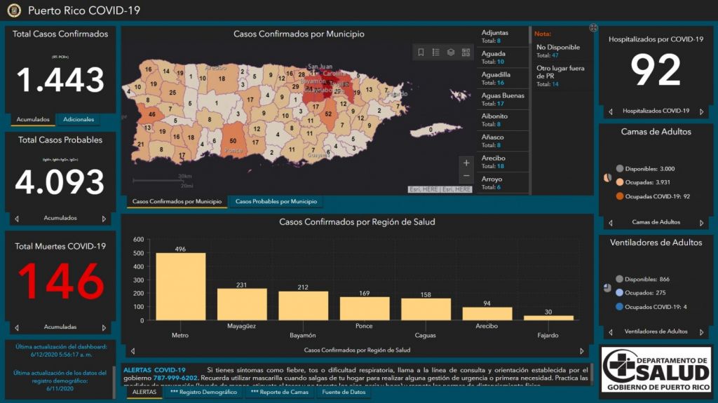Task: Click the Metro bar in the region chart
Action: pyautogui.click(x=180, y=287)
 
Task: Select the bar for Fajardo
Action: pyautogui.click(x=548, y=317)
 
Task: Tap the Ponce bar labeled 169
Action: pyautogui.click(x=365, y=308)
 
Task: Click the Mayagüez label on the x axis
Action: pyautogui.click(x=241, y=326)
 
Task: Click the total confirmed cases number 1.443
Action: pyautogui.click(x=60, y=79)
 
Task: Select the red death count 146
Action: pyautogui.click(x=60, y=282)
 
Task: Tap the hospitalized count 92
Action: pyautogui.click(x=655, y=70)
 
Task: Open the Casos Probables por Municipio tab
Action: pyautogui.click(x=276, y=202)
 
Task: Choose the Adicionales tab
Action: pyautogui.click(x=79, y=119)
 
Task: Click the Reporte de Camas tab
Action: pyautogui.click(x=279, y=392)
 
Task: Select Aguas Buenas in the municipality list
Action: pyautogui.click(x=503, y=99)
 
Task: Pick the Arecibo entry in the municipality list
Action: pyautogui.click(x=494, y=162)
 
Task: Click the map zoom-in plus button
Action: pyautogui.click(x=466, y=163)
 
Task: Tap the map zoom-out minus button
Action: pyautogui.click(x=466, y=176)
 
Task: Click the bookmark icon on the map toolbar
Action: pyautogui.click(x=421, y=52)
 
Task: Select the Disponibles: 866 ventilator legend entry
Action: pyautogui.click(x=649, y=279)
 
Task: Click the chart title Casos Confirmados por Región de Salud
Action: pyautogui.click(x=357, y=222)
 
